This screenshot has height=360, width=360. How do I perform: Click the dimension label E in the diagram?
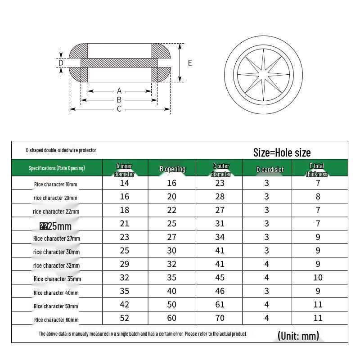190,63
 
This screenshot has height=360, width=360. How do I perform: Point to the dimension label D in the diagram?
61,63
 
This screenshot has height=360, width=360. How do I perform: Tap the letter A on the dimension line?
119,91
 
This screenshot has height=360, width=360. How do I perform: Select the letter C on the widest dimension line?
119,109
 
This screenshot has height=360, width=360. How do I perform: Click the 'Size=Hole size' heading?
282,153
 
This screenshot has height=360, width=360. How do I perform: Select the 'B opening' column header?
172,169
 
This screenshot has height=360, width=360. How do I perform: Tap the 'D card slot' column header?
270,170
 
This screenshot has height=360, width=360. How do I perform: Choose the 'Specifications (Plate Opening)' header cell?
57,168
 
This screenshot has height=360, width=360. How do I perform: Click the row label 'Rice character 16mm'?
55,184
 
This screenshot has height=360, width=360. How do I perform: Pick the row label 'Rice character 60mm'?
56,319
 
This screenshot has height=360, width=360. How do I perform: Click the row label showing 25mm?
56,226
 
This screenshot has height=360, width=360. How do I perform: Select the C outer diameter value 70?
220,318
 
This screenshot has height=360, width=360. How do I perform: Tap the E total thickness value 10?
318,278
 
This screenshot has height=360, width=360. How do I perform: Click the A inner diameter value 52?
125,318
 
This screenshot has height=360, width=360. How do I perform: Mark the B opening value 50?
172,305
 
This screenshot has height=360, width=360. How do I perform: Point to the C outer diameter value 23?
220,183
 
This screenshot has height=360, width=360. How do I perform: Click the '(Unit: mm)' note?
298,336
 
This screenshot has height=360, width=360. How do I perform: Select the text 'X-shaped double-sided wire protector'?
61,150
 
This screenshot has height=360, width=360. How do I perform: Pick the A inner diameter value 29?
125,264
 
